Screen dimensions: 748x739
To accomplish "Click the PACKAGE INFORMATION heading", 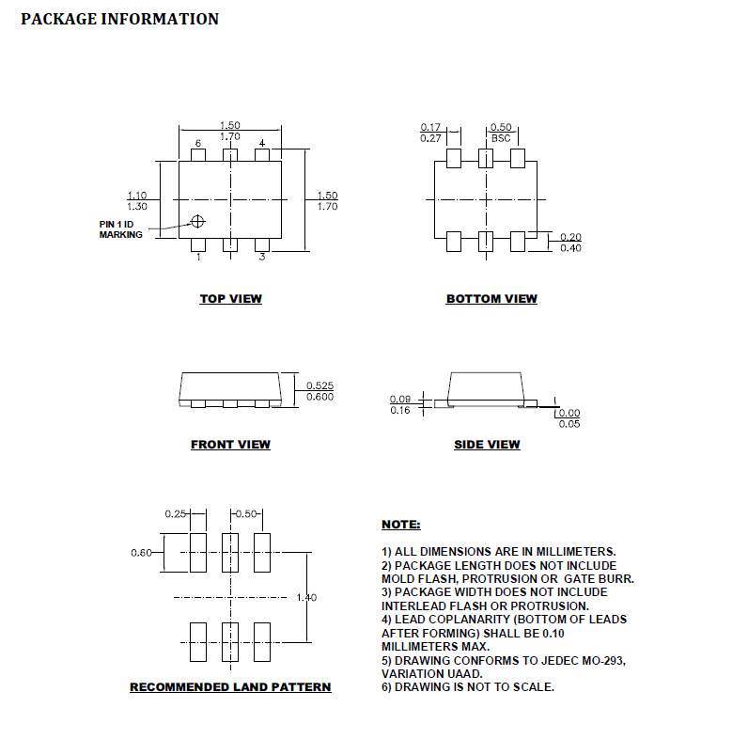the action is (x=119, y=19).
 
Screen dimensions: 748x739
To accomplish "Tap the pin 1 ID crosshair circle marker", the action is (x=197, y=222).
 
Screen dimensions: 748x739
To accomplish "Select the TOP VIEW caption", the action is (x=231, y=299).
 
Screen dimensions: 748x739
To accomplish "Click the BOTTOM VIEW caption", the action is (x=491, y=299).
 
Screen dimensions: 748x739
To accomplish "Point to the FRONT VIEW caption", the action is (x=231, y=445).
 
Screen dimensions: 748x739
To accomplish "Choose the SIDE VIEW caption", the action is (x=487, y=445).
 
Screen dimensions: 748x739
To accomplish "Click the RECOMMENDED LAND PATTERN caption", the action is (x=230, y=687).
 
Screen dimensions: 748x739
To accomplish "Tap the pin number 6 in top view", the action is (x=198, y=143).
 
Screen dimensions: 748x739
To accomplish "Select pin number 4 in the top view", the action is (x=262, y=143).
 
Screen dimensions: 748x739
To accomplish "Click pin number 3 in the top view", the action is (x=262, y=257).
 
